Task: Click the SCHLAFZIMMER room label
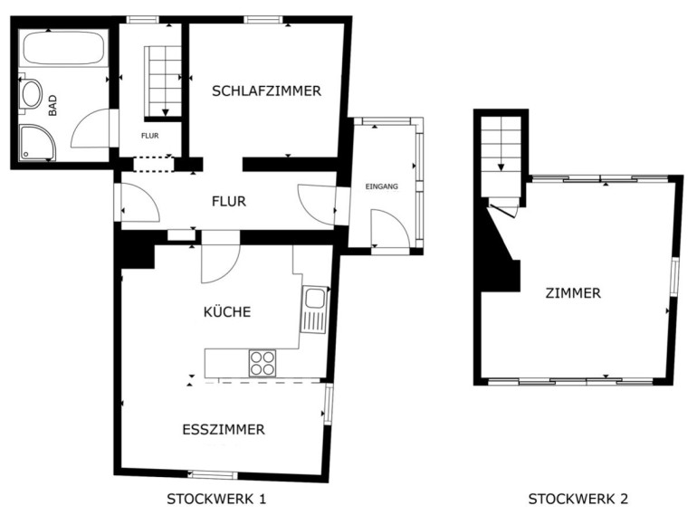coord(266,91)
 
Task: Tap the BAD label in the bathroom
coord(53,106)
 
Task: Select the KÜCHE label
coord(227,311)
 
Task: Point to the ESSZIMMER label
coord(224,429)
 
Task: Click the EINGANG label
coord(381,186)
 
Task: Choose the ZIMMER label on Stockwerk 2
coord(573,293)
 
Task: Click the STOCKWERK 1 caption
coord(216,499)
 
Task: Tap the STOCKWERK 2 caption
coord(578,499)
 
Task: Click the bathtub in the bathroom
coord(64,48)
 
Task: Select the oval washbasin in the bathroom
coord(32,93)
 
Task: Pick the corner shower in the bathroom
coord(37,142)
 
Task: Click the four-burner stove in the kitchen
coord(263,363)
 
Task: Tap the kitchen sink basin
coord(314,298)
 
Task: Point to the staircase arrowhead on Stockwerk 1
coord(166,113)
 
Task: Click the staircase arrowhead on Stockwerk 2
coord(501,167)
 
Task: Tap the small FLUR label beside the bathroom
coord(149,136)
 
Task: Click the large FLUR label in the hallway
coord(229,201)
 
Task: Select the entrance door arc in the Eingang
coord(398,219)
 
